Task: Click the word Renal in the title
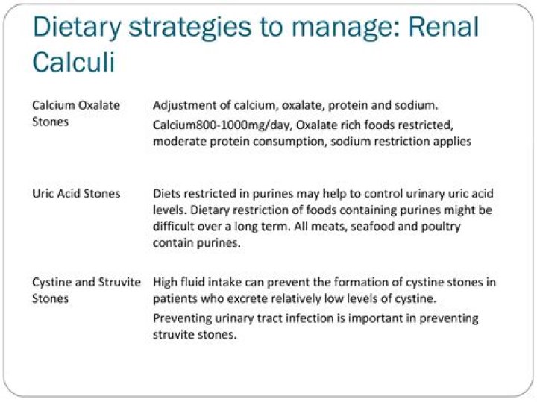pos(444,27)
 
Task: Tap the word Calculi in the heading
pos(74,62)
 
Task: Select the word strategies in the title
pos(189,29)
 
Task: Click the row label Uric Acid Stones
pos(76,194)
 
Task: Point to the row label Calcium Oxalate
pos(76,105)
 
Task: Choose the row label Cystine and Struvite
pos(87,282)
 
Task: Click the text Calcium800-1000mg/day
pos(222,125)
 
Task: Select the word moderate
pos(180,142)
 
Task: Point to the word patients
pos(175,299)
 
